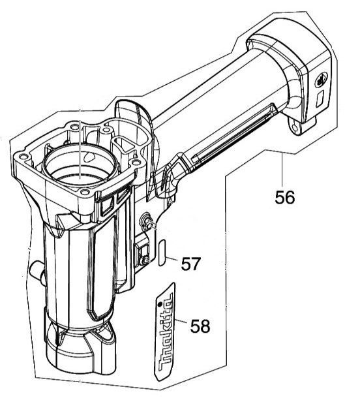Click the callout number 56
(x=285, y=196)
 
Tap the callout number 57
(x=190, y=264)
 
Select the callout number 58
(x=200, y=326)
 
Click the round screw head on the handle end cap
(x=320, y=80)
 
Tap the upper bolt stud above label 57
(x=149, y=221)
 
